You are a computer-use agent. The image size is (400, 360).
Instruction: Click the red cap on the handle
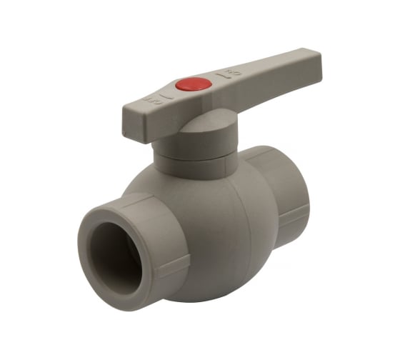[202, 84]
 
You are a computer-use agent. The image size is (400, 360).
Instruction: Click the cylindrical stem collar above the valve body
[196, 161]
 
